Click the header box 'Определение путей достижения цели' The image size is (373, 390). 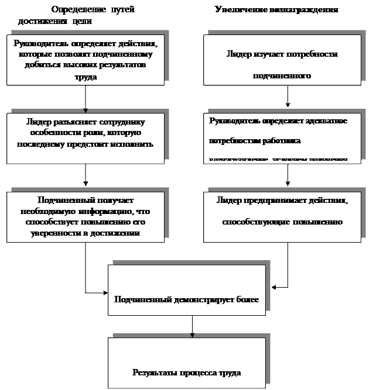click(88, 15)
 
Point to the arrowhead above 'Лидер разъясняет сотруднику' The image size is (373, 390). click(85, 111)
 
